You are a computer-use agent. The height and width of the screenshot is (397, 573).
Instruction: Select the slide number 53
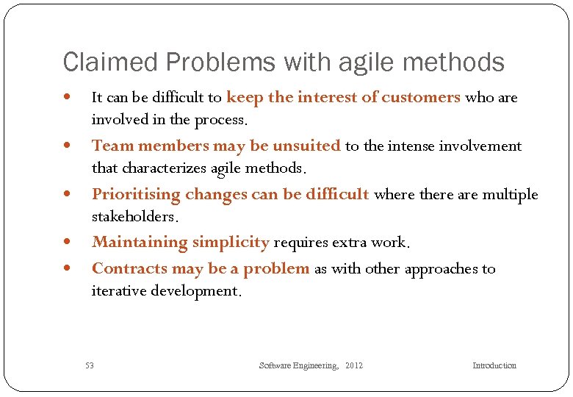point(90,365)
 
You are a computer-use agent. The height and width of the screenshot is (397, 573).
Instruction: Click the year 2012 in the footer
point(353,365)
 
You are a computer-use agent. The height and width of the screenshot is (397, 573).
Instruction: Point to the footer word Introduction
point(494,365)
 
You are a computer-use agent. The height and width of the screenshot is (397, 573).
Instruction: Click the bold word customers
point(421,97)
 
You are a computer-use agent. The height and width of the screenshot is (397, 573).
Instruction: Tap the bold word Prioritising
point(136,195)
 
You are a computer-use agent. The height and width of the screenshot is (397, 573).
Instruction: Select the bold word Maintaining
point(140,242)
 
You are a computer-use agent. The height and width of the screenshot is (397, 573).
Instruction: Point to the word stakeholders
point(134,217)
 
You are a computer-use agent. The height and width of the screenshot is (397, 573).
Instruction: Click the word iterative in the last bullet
point(119,290)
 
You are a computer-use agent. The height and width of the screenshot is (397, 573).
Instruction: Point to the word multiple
point(511,195)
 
